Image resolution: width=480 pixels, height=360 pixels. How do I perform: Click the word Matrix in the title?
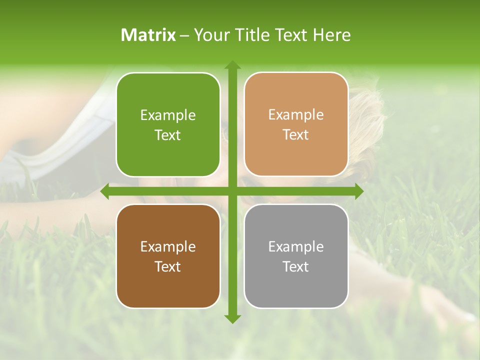click(148, 35)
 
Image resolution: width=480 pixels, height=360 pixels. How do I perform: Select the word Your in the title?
click(210, 35)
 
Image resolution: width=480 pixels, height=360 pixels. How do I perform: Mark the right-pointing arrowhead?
click(358, 191)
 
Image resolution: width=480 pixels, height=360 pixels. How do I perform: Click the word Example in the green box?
click(168, 115)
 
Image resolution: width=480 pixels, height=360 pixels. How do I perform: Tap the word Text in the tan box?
click(296, 134)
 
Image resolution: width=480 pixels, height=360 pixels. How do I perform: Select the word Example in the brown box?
click(168, 247)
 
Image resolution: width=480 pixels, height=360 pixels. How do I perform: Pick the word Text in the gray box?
click(296, 266)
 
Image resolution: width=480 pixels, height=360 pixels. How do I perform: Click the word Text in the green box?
click(168, 135)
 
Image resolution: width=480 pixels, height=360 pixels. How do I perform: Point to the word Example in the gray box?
click(296, 247)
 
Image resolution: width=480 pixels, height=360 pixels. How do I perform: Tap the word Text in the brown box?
click(168, 266)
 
